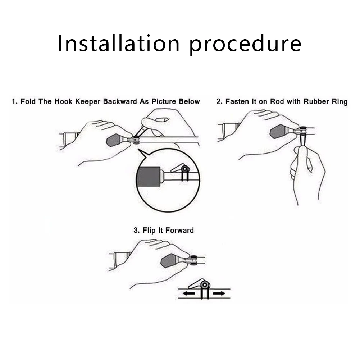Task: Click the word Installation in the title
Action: (x=118, y=43)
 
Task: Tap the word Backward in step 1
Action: (x=120, y=101)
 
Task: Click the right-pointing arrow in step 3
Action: (x=219, y=294)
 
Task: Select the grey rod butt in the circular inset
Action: (x=149, y=176)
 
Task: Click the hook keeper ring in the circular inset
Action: (x=185, y=169)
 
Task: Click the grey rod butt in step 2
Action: (x=279, y=132)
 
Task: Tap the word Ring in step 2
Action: (x=340, y=102)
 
